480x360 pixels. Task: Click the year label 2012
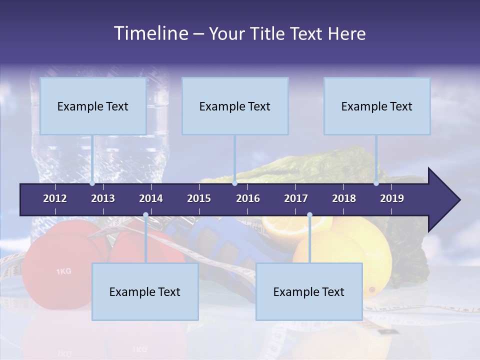[55, 198]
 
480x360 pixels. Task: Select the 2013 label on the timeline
[103, 198]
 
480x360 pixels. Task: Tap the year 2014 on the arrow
[151, 198]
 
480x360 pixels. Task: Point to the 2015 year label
[199, 198]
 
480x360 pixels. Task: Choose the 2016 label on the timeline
[248, 198]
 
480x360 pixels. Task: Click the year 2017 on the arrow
[296, 198]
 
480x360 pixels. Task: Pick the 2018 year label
[344, 198]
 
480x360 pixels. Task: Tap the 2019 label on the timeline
[392, 198]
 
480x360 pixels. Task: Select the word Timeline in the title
[151, 33]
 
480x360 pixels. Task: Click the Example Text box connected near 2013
[93, 106]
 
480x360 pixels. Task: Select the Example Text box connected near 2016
[235, 106]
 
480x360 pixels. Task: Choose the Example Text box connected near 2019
[377, 106]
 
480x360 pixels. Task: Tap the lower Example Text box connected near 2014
[145, 291]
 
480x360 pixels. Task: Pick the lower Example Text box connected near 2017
[309, 291]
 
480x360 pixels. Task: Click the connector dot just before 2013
[92, 183]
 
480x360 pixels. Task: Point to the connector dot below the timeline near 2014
[145, 215]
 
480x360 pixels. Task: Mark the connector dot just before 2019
[376, 183]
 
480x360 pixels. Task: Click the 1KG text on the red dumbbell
[63, 271]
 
